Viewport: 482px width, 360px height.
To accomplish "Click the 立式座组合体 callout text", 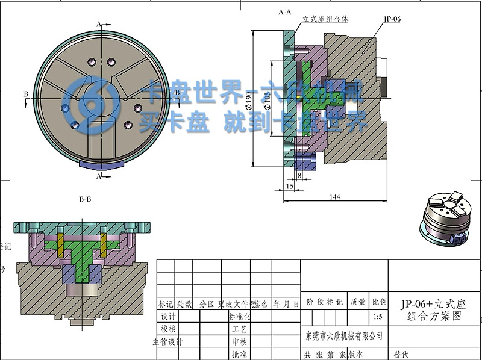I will coord(325,19).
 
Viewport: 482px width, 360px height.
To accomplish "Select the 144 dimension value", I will coord(335,197).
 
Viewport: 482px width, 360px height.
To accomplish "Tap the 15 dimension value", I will coord(290,187).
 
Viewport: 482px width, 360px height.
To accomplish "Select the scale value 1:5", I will coord(378,316).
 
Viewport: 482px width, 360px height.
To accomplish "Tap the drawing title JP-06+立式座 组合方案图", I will coord(433,309).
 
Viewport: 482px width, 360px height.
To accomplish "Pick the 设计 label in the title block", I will coord(167,317).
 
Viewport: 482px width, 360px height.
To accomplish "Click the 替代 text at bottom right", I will coord(401,355).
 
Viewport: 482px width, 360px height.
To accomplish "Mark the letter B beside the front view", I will coord(25,94).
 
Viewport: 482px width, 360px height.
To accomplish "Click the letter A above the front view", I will coord(98,23).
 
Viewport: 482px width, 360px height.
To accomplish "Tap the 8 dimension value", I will coord(299,175).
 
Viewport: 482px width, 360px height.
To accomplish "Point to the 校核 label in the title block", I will coord(167,329).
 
